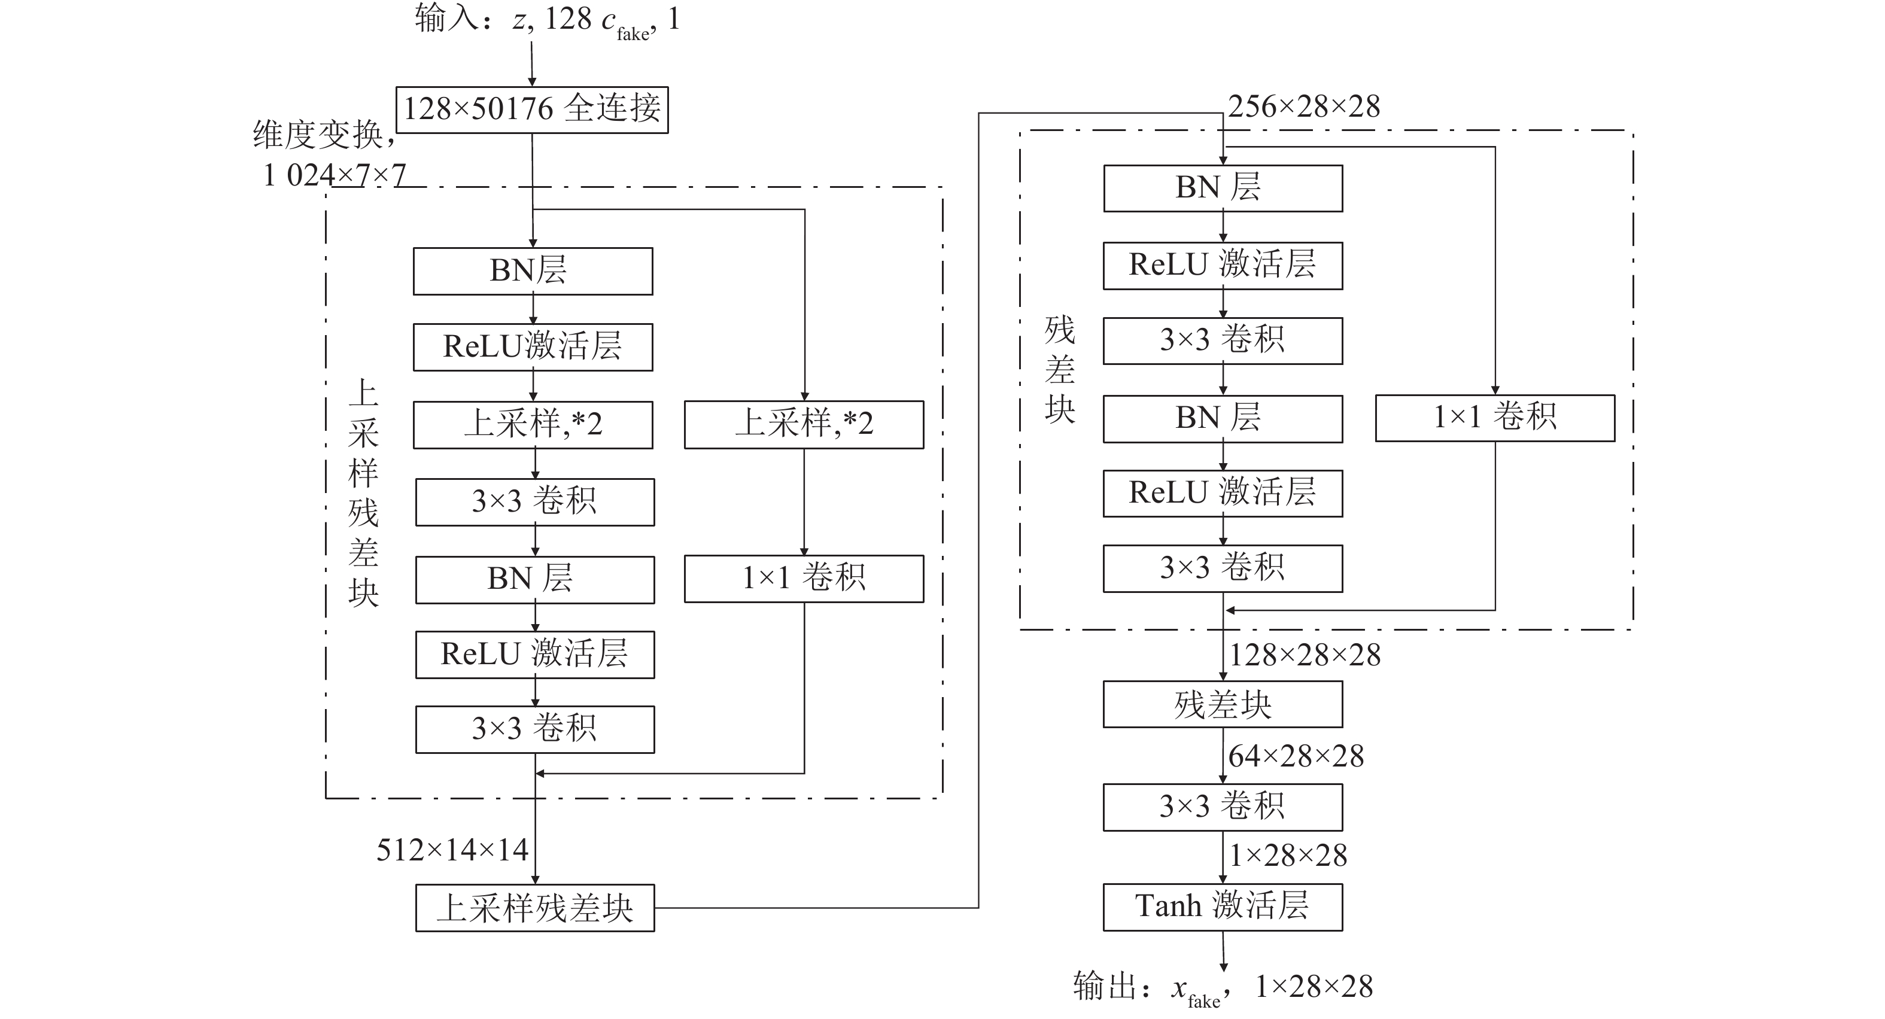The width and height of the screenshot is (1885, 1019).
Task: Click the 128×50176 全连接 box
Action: pyautogui.click(x=532, y=109)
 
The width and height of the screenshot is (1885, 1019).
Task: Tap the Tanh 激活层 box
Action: pyautogui.click(x=1223, y=907)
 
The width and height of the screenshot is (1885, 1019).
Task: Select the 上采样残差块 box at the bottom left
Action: pyautogui.click(x=535, y=908)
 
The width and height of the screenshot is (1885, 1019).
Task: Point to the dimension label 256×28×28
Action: pyautogui.click(x=1304, y=107)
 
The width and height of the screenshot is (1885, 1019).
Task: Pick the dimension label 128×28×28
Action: pyautogui.click(x=1305, y=655)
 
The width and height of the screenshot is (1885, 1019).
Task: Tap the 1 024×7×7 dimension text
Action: pyautogui.click(x=335, y=175)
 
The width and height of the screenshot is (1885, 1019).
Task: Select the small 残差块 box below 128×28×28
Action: pyautogui.click(x=1223, y=704)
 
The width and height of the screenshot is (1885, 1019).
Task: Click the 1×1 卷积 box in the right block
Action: pyautogui.click(x=1495, y=418)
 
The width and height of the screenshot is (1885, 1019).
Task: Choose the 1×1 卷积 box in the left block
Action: pyautogui.click(x=804, y=579)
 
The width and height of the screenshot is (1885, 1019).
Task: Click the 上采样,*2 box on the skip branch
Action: pyautogui.click(x=804, y=424)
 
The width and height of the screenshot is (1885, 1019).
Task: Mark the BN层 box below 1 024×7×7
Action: pyautogui.click(x=533, y=272)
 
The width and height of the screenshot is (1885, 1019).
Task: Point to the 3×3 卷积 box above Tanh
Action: pyautogui.click(x=1223, y=807)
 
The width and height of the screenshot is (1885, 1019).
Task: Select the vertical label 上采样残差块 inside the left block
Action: pyautogui.click(x=364, y=494)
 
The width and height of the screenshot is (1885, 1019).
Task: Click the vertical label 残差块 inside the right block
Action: pyautogui.click(x=1060, y=370)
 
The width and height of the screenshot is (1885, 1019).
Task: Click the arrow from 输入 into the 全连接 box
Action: pyautogui.click(x=532, y=65)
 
